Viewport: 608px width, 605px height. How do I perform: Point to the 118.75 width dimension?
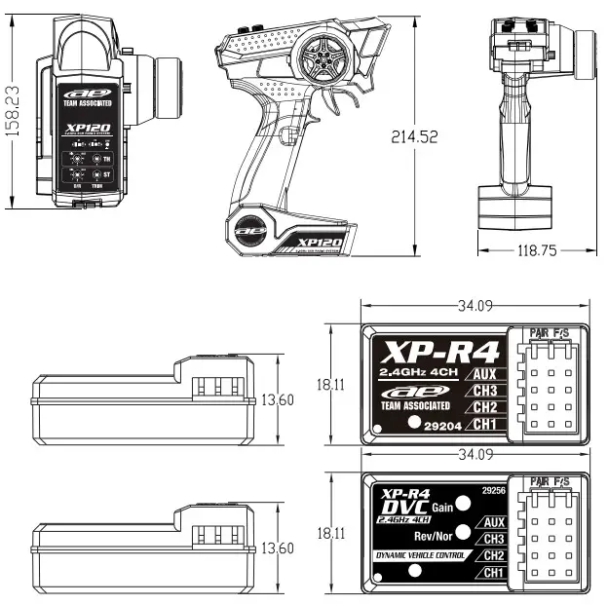tap(537, 250)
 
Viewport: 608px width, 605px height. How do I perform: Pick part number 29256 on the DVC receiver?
tap(494, 491)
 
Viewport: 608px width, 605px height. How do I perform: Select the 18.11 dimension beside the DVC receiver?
tap(331, 533)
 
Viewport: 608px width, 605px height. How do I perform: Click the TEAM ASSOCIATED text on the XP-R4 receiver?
tap(416, 405)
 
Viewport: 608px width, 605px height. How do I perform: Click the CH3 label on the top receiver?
tap(487, 391)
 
